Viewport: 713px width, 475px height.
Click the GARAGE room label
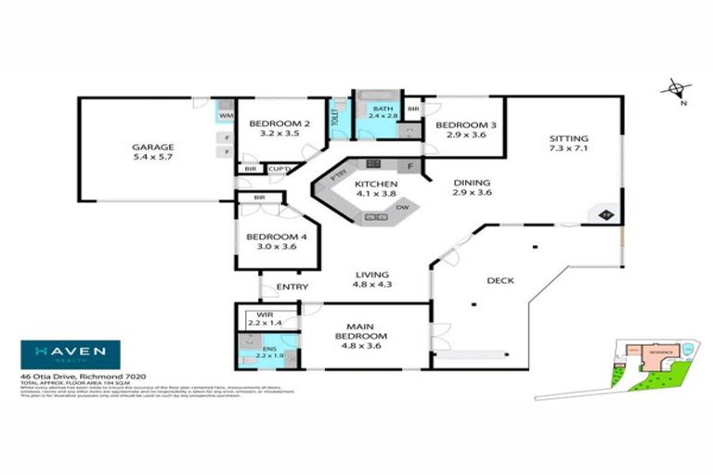click(x=152, y=146)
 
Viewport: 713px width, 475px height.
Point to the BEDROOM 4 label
click(x=270, y=237)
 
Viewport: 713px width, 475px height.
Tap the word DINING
click(x=471, y=183)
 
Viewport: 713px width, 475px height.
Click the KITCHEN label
click(x=377, y=185)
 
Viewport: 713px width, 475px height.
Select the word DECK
click(x=500, y=280)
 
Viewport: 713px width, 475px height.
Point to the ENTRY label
click(x=292, y=287)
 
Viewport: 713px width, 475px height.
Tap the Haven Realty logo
click(x=71, y=353)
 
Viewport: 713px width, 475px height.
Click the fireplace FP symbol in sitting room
click(x=606, y=215)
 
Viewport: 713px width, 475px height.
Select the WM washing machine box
click(x=225, y=116)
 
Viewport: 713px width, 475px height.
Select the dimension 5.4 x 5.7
click(x=152, y=157)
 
